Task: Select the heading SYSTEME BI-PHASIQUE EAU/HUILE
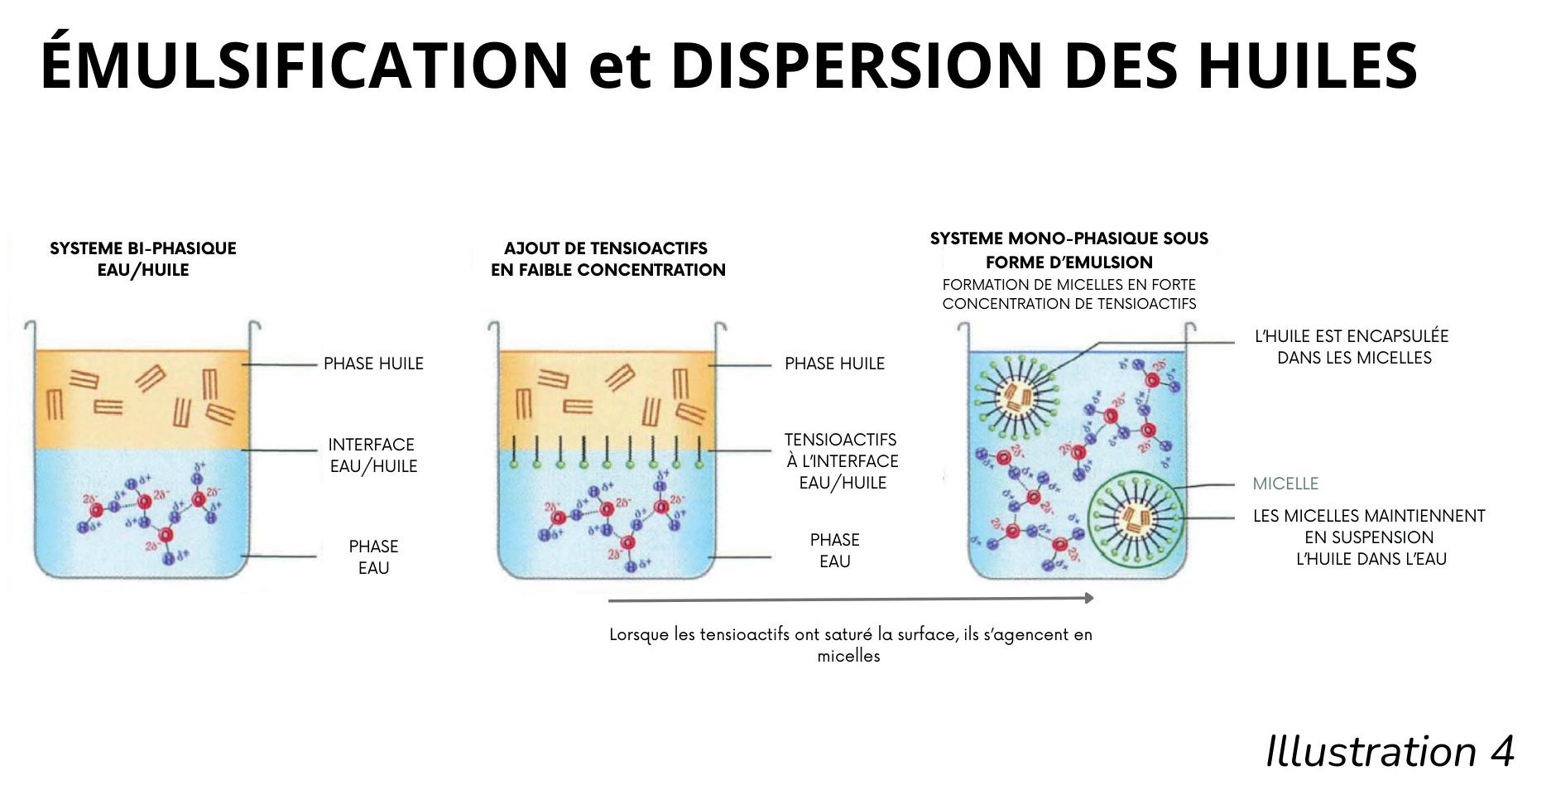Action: click(x=142, y=259)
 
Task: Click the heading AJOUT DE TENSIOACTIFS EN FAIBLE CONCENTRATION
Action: click(x=608, y=259)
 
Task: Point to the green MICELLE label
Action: click(x=1285, y=484)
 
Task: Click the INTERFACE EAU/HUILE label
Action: click(x=372, y=455)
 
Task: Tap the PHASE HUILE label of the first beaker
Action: click(x=373, y=364)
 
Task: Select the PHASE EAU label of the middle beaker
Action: click(x=834, y=551)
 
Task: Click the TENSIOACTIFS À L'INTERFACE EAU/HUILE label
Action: click(x=842, y=461)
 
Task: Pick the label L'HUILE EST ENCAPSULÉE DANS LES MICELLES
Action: click(x=1352, y=347)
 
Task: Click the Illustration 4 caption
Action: click(x=1390, y=752)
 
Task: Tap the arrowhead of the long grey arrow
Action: click(x=1089, y=598)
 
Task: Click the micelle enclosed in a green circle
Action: click(x=1135, y=518)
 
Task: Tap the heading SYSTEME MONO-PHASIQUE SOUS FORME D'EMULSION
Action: click(x=1069, y=250)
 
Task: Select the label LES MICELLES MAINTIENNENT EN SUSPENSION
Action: click(x=1369, y=537)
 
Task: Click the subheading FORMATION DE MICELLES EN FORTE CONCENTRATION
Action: click(x=1069, y=294)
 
